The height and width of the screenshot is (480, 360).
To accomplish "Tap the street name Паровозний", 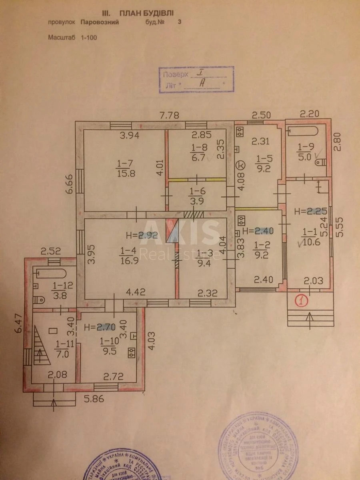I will tap(100, 22).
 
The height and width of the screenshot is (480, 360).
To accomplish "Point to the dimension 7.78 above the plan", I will tap(170, 116).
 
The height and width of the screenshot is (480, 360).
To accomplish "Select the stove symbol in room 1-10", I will tap(130, 352).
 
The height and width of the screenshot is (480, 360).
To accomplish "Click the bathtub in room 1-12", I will tap(51, 274).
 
